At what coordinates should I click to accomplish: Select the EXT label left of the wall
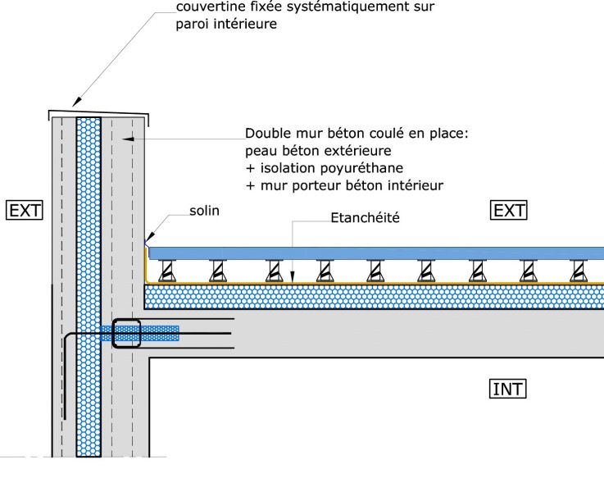point(24,211)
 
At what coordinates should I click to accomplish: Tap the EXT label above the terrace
point(509,211)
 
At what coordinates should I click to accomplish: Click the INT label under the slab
point(507,389)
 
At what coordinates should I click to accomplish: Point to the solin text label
point(204,211)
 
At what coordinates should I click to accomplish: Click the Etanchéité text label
point(364,219)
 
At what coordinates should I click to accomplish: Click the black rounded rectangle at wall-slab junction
point(127,333)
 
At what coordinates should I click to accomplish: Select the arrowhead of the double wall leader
point(122,140)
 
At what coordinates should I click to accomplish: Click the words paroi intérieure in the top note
point(226,25)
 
